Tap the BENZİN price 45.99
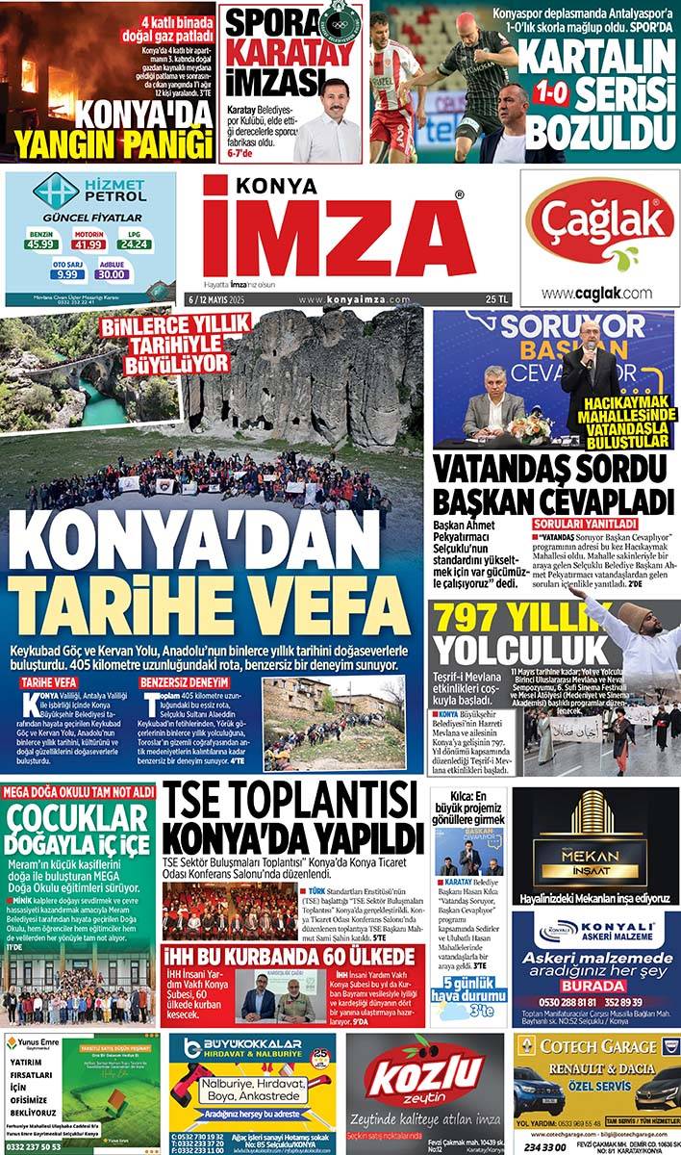40,244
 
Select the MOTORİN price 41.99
89,244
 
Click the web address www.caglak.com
596,294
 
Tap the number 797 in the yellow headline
472,622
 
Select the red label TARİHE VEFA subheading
49,682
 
